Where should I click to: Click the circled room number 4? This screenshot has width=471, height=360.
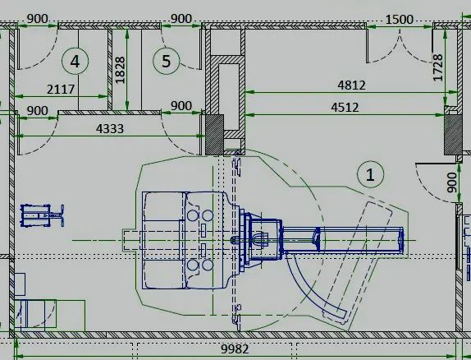(75, 61)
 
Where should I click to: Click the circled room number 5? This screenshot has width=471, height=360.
(166, 61)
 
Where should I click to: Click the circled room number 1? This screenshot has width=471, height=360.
(370, 174)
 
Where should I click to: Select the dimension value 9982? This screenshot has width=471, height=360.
(235, 349)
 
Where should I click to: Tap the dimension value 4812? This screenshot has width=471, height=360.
(352, 85)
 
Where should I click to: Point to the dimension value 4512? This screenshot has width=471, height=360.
(345, 108)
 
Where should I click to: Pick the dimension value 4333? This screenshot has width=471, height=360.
(110, 129)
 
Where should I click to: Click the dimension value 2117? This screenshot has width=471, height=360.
(61, 90)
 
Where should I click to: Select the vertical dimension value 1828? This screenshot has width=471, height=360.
(120, 70)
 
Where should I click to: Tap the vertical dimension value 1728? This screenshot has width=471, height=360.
(438, 67)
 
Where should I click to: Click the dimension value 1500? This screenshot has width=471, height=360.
(400, 20)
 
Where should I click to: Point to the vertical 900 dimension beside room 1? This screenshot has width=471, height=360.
(451, 182)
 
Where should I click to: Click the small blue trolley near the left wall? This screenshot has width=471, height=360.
(42, 215)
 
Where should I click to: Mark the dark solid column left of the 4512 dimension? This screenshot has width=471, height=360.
(214, 134)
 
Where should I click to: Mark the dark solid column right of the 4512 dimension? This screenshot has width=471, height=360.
(453, 134)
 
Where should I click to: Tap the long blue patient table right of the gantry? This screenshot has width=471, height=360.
(342, 240)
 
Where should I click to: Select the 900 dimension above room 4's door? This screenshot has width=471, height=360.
(37, 19)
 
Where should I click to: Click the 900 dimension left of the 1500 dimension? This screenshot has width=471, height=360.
(181, 19)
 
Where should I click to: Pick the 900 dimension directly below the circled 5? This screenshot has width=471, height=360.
(181, 106)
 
